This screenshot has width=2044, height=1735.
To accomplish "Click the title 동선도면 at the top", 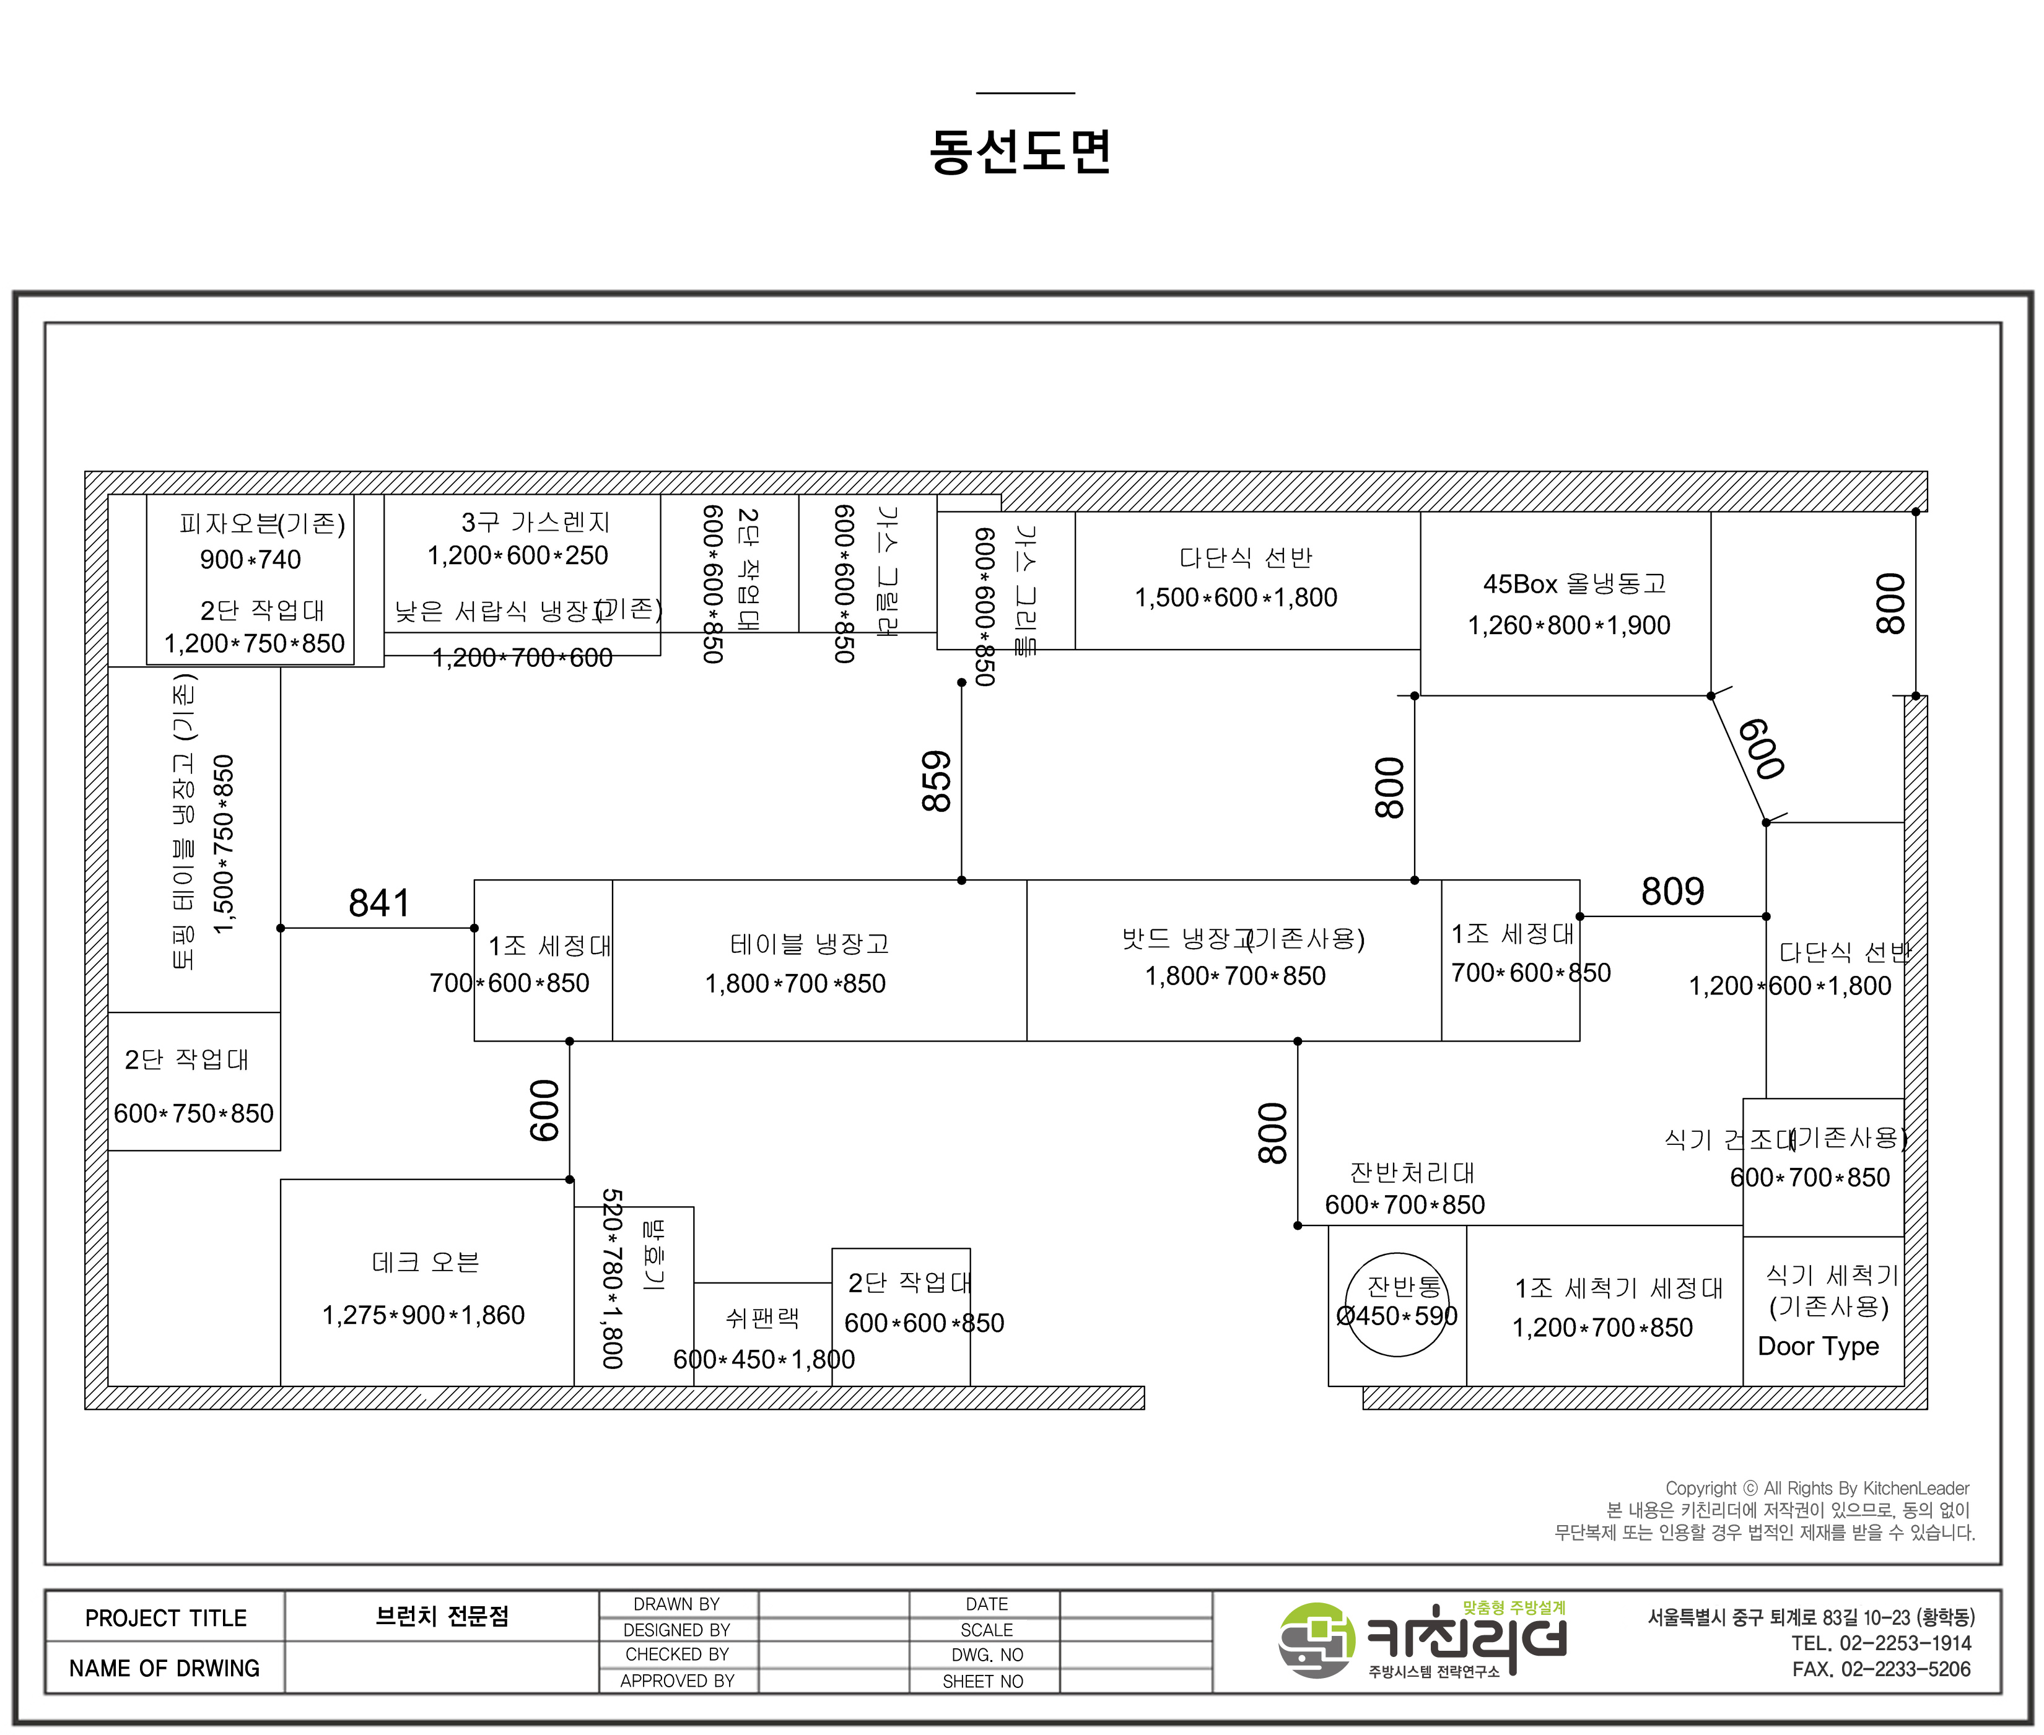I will tap(1020, 152).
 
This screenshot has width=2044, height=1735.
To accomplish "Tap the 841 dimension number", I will tap(378, 903).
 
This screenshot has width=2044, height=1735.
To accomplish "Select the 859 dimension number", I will tap(937, 782).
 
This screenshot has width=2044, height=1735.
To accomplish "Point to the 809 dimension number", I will tap(1672, 891).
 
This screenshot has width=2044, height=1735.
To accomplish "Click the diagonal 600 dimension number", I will tap(1761, 749).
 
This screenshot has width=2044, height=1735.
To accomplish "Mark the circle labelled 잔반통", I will tap(1397, 1304).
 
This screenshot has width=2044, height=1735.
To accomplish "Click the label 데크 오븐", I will tap(425, 1262).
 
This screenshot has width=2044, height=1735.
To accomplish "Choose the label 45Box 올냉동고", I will tap(1574, 585).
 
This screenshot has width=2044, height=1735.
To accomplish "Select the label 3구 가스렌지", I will tap(535, 522).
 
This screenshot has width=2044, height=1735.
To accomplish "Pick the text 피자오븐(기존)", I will tap(261, 523).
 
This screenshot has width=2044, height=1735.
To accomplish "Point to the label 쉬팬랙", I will tap(762, 1318).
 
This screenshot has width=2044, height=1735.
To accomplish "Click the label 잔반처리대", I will tap(1412, 1172).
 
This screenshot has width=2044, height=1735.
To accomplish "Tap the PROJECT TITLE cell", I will tap(165, 1618).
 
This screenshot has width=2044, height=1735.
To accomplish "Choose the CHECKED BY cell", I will tap(677, 1655).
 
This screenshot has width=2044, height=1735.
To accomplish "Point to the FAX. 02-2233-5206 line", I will tap(1880, 1669).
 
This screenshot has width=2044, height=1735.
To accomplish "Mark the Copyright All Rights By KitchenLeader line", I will tap(1817, 1488).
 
